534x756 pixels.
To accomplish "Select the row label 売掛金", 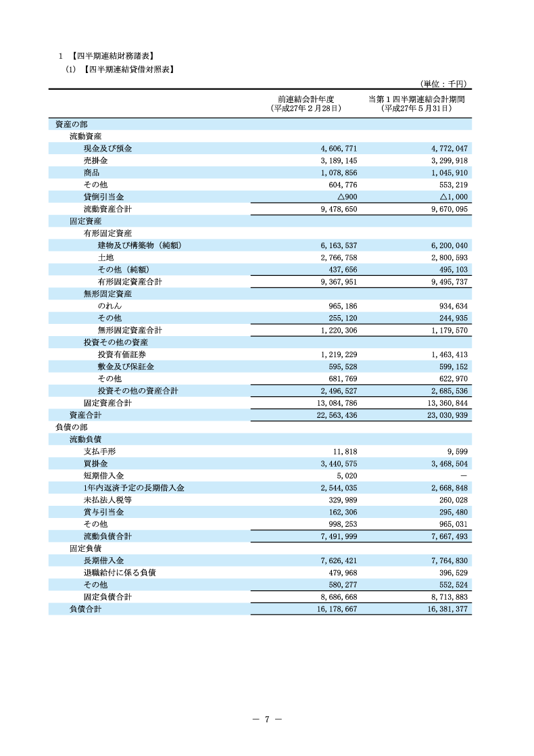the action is (x=95, y=160).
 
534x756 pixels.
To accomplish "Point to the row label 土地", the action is (x=105, y=258).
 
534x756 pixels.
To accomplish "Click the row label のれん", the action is (x=110, y=306).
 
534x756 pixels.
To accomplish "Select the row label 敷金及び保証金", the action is (x=126, y=367).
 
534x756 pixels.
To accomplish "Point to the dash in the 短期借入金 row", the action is (x=464, y=475).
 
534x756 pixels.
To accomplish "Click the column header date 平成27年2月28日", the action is (x=306, y=108).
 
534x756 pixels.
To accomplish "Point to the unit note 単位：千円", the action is (x=443, y=83).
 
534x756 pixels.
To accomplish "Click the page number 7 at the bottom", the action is (x=267, y=719).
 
